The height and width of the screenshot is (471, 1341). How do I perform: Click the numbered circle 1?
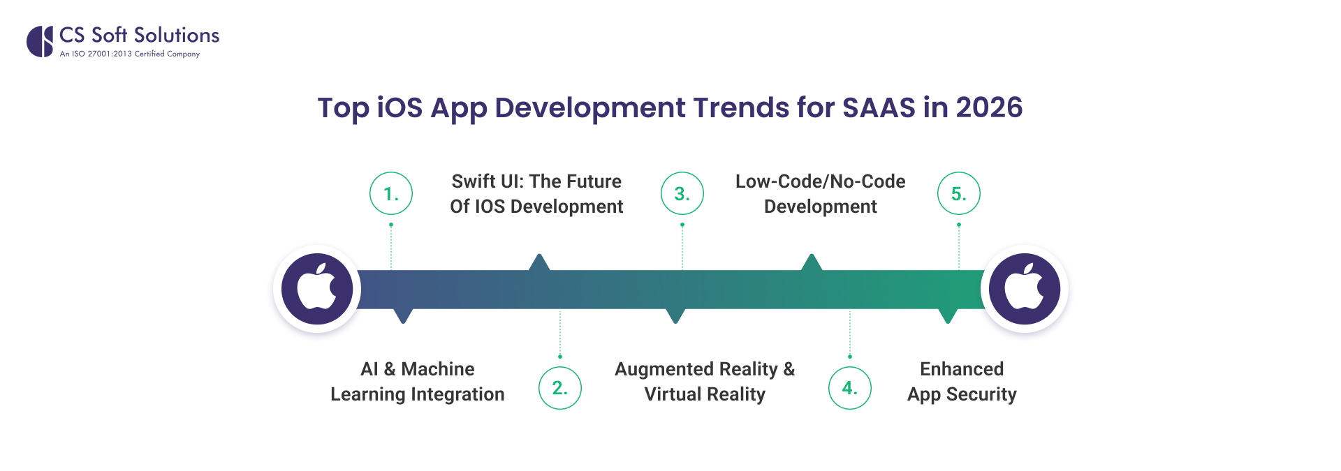tap(391, 193)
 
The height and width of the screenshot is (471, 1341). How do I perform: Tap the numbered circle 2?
tap(560, 388)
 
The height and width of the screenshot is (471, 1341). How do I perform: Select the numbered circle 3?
tap(682, 193)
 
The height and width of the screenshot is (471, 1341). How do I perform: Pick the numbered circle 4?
tap(850, 388)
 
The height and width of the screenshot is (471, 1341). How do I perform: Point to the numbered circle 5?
tap(959, 193)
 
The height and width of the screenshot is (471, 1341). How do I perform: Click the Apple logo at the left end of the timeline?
tap(317, 288)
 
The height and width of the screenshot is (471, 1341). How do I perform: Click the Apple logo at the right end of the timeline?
tap(1025, 288)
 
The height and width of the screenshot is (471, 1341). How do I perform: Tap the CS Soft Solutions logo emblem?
tap(41, 41)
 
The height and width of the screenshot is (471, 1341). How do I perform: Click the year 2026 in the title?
tap(989, 107)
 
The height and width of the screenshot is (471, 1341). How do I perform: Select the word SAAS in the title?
tap(879, 107)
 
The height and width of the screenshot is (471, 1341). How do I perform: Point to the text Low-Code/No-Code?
tap(820, 181)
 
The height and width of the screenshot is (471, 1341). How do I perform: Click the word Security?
tap(981, 394)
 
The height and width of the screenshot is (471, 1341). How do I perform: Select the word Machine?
tap(438, 369)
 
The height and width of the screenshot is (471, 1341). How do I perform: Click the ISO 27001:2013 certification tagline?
tap(130, 54)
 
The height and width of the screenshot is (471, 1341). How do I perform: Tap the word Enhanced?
tap(962, 369)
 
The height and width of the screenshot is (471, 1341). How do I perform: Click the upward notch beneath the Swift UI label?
tap(539, 262)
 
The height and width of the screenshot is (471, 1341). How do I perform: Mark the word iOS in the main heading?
tap(400, 107)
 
